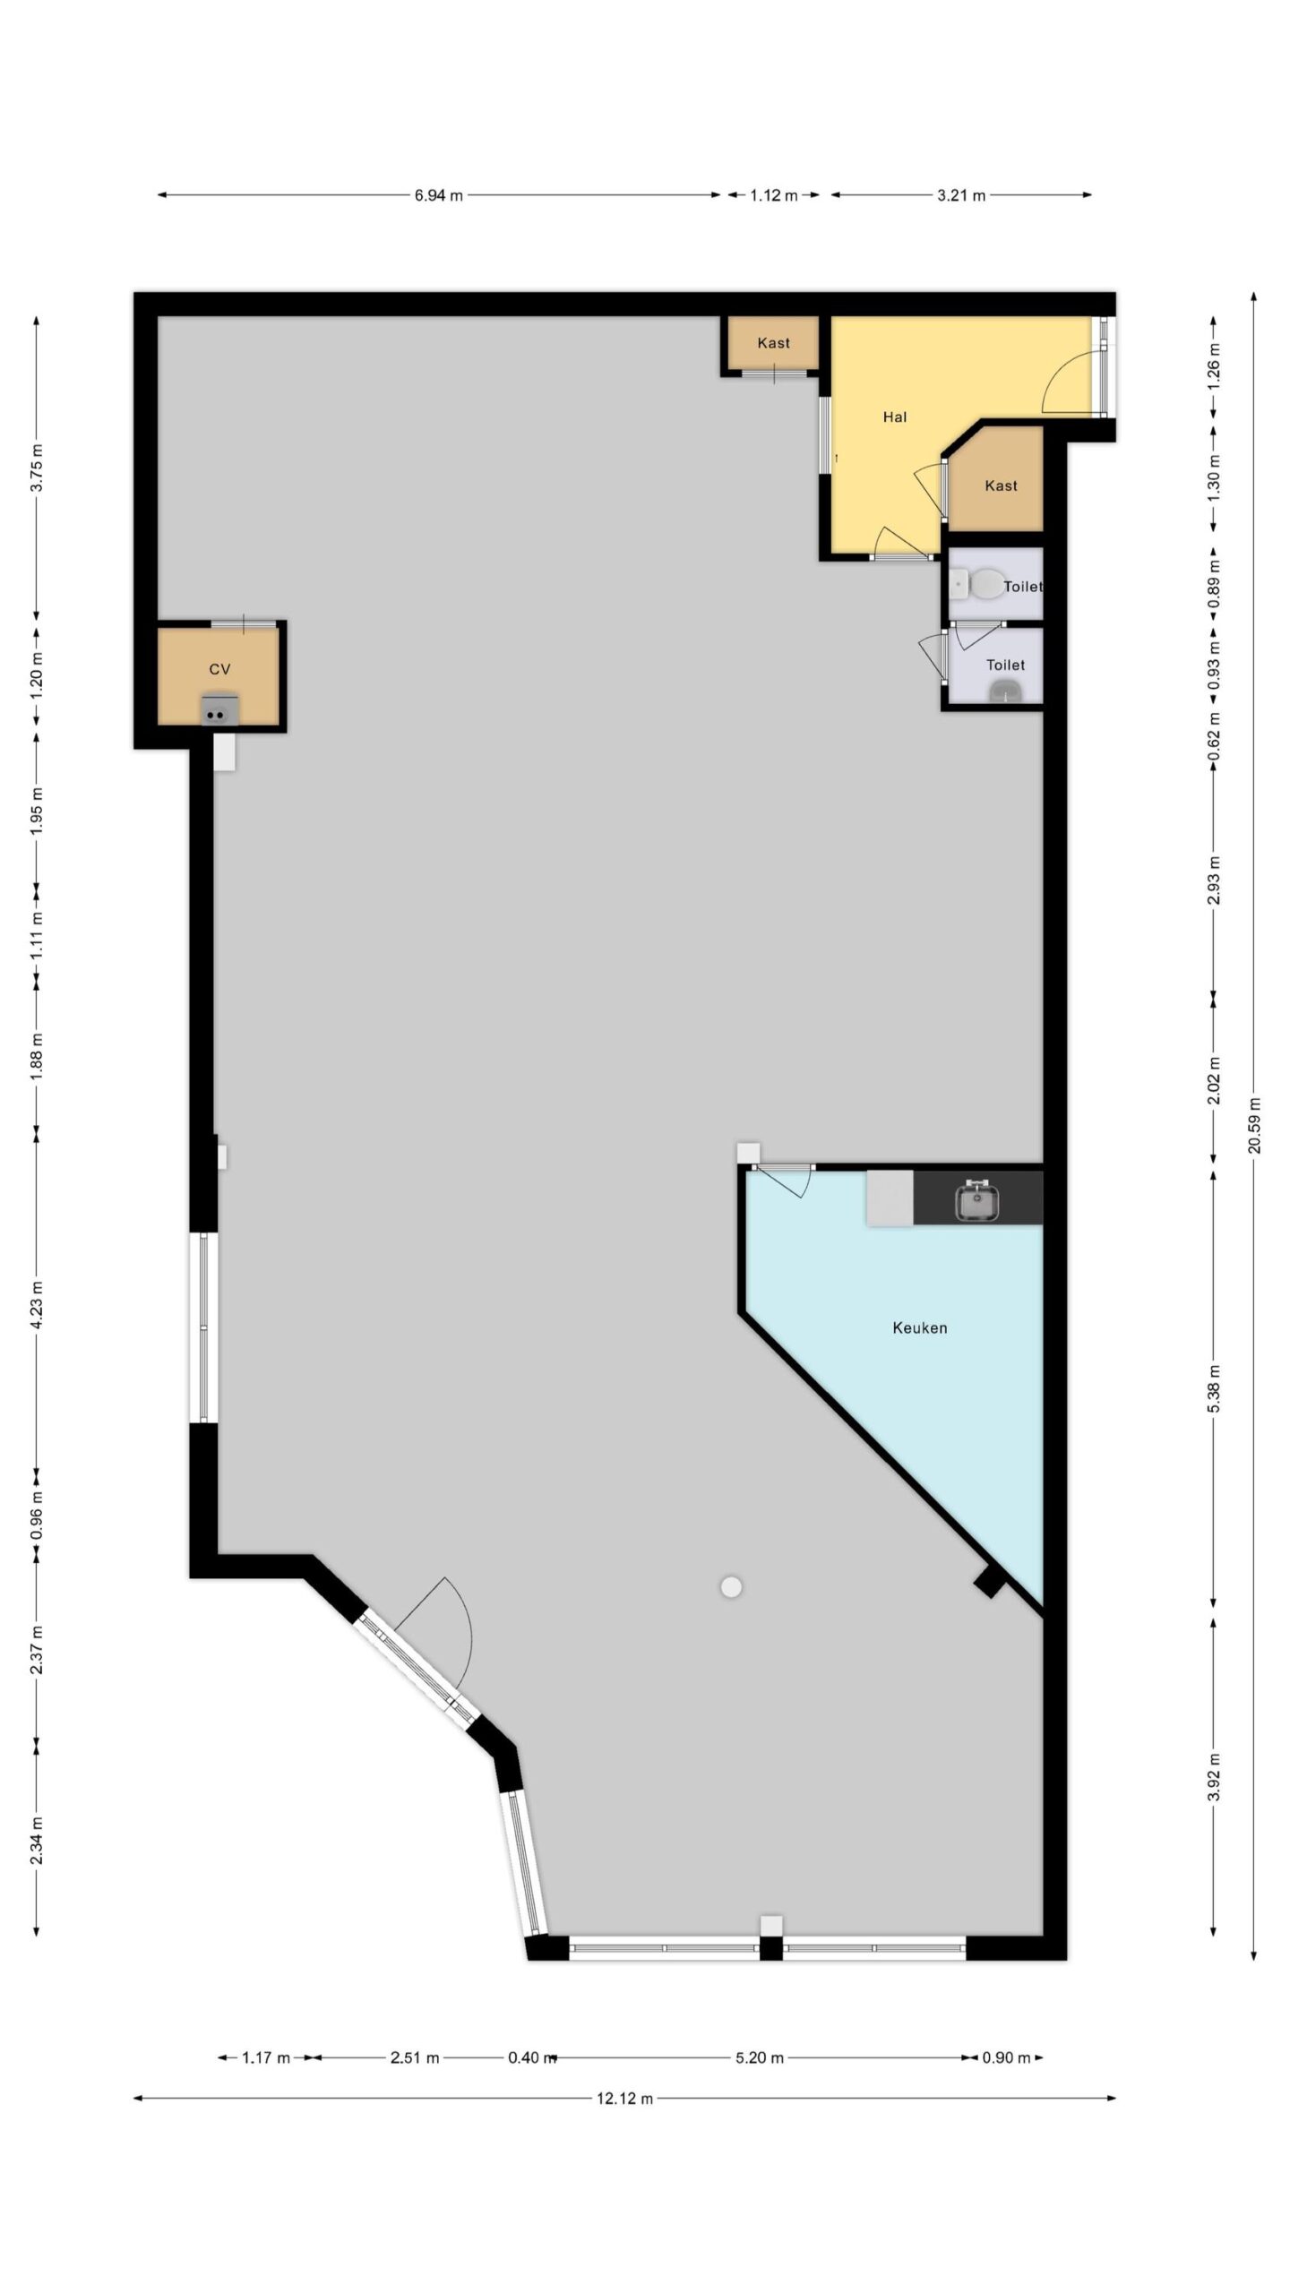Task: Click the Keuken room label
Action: (x=919, y=1327)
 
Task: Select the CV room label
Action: (x=219, y=669)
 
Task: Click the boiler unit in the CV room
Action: (x=219, y=709)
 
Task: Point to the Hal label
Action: (x=895, y=417)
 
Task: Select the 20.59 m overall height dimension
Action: (x=1254, y=1125)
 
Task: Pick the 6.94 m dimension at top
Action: (x=438, y=195)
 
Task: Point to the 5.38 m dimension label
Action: (x=1214, y=1388)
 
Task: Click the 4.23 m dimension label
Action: (x=37, y=1305)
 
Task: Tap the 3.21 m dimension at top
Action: (x=961, y=195)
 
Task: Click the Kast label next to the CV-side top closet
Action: (x=773, y=343)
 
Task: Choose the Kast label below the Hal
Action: (x=1001, y=485)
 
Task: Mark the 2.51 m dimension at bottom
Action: (x=414, y=2057)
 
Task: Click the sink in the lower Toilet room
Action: (x=1006, y=691)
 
